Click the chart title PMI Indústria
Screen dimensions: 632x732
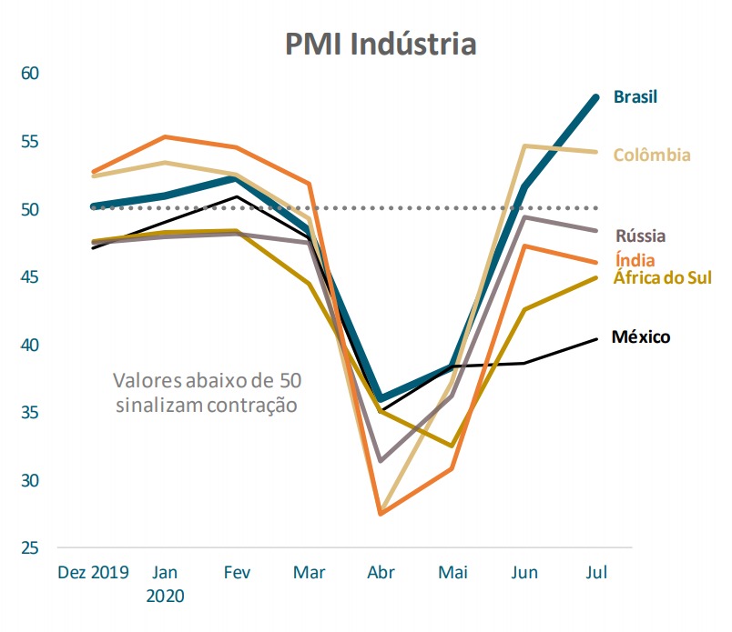pyautogui.click(x=380, y=43)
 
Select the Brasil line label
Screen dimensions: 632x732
pyautogui.click(x=635, y=96)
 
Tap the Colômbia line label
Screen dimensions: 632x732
pyautogui.click(x=652, y=155)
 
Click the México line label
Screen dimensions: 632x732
pyautogui.click(x=641, y=337)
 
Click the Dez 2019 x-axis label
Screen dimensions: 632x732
pyautogui.click(x=93, y=573)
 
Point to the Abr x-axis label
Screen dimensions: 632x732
pyautogui.click(x=380, y=573)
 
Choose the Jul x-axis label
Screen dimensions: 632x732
pyautogui.click(x=596, y=573)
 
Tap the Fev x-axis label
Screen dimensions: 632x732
pyautogui.click(x=237, y=573)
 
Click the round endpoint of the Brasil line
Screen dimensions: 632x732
pyautogui.click(x=596, y=97)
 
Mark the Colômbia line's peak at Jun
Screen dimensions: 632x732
pyautogui.click(x=524, y=145)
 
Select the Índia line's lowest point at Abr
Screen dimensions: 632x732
pyautogui.click(x=380, y=514)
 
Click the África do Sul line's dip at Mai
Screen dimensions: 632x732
pyautogui.click(x=452, y=446)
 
